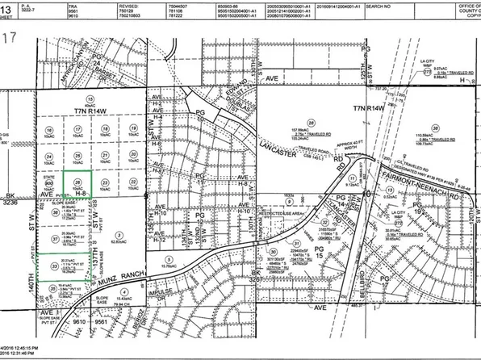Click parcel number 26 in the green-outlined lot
(x=77, y=182)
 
